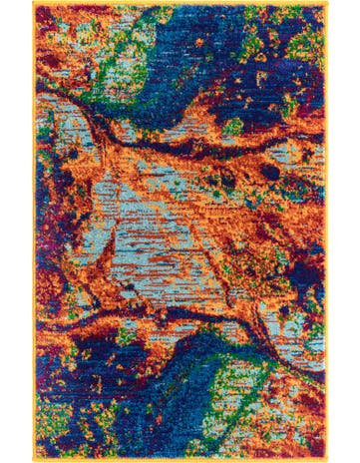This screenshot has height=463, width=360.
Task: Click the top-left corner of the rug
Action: pyautogui.click(x=33, y=3)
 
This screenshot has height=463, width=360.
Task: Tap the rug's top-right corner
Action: pyautogui.click(x=328, y=3)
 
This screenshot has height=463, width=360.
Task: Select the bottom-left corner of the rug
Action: pyautogui.click(x=33, y=460)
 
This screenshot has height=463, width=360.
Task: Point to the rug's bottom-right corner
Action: pyautogui.click(x=328, y=460)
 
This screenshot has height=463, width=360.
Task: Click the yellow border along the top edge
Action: pyautogui.click(x=180, y=4)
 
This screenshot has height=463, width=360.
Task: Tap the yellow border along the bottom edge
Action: pyautogui.click(x=180, y=459)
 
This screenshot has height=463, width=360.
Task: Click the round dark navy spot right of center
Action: pyautogui.click(x=271, y=172)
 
